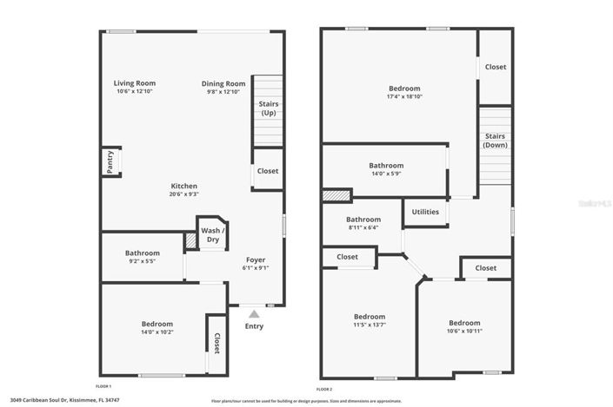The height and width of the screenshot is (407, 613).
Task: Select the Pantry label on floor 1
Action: click(110, 162)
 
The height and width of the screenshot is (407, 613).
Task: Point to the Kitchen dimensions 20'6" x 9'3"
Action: click(183, 194)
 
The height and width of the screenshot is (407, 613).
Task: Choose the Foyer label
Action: click(256, 259)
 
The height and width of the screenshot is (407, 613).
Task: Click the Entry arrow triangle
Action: click(254, 313)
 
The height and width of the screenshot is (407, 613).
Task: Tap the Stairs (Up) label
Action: click(269, 108)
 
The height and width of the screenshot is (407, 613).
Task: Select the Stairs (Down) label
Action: click(495, 140)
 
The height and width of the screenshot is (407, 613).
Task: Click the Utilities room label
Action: click(425, 212)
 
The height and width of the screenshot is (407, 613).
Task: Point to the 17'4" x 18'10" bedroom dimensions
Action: click(404, 97)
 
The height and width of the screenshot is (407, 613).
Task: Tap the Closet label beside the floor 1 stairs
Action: click(268, 171)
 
